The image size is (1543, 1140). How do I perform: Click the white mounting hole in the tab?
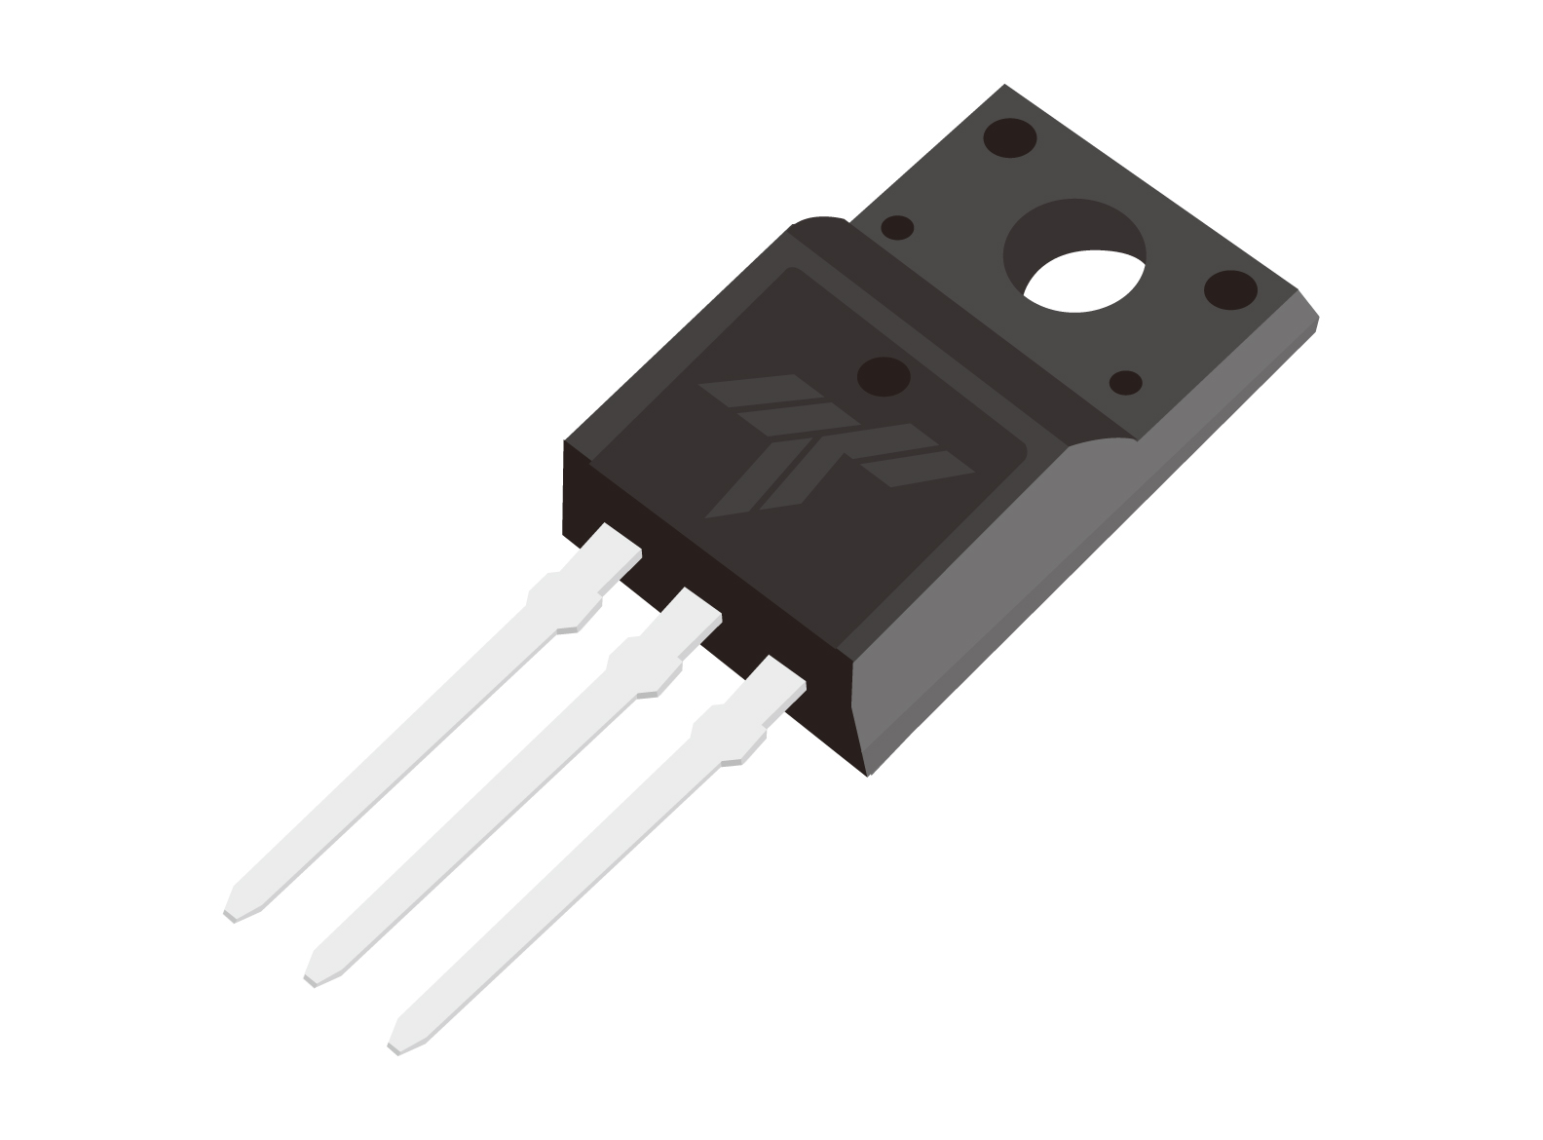1083,281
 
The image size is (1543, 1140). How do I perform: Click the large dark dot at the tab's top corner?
1010,137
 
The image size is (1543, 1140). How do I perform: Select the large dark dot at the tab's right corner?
1230,289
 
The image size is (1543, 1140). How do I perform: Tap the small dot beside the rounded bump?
896,228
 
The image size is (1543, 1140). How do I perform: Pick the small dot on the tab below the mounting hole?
1126,382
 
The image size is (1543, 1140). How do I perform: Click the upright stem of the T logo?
770,477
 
